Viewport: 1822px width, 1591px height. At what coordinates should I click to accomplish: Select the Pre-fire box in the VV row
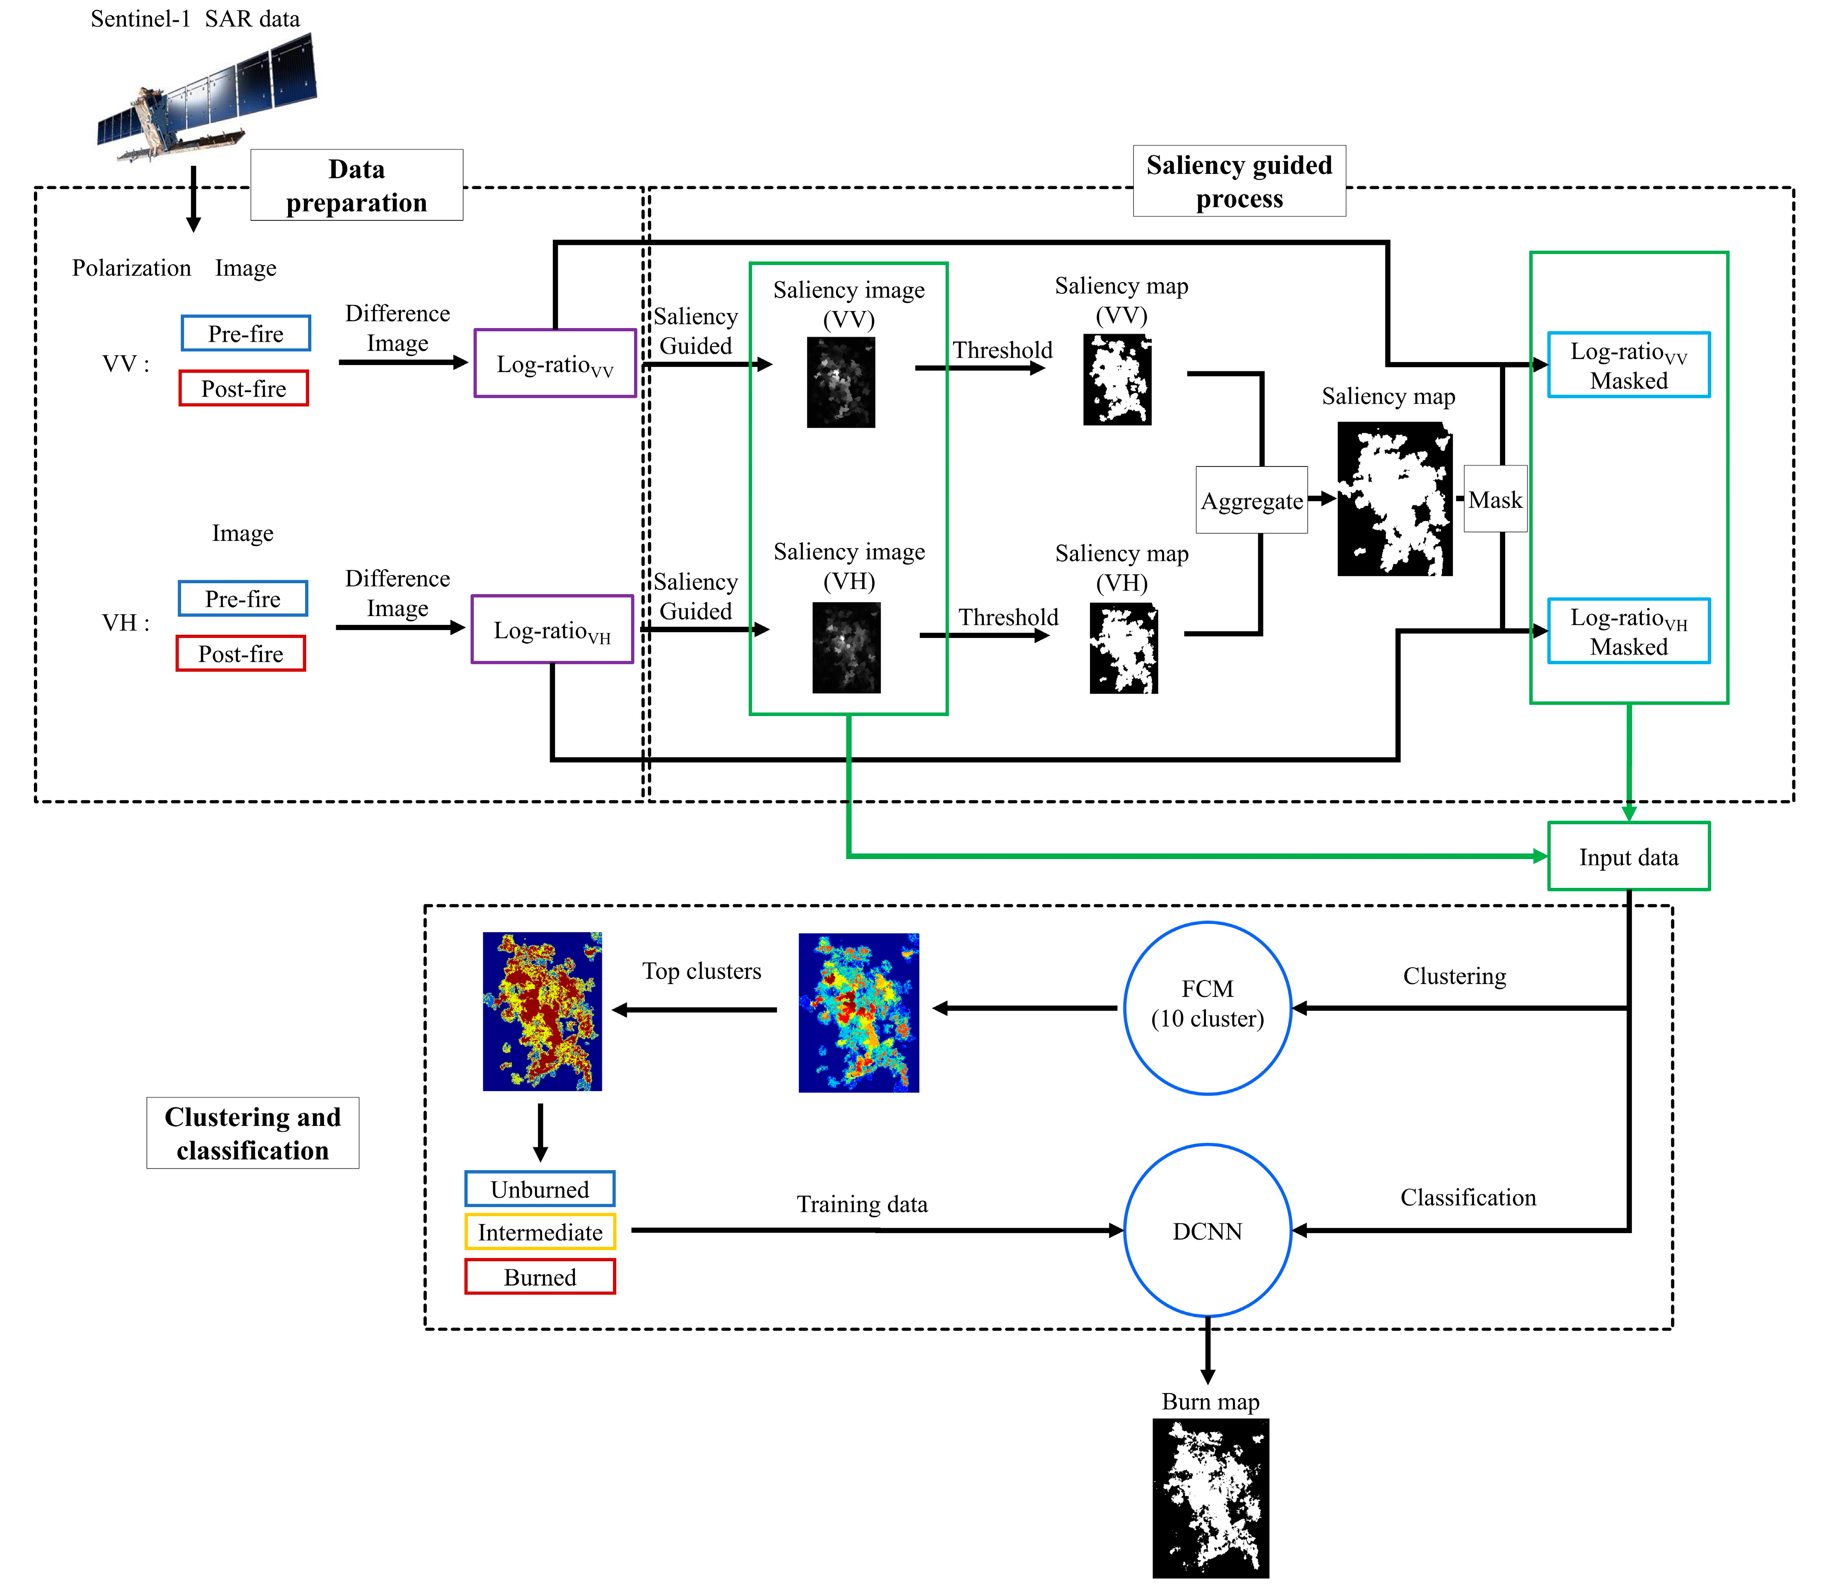click(x=246, y=334)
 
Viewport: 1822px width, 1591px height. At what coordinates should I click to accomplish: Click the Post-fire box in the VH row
click(x=240, y=654)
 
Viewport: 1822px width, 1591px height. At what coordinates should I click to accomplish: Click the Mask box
click(x=1495, y=500)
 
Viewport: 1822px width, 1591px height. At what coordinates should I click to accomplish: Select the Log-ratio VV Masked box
click(x=1628, y=365)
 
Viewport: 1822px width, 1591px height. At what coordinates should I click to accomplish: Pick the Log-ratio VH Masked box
click(x=1628, y=631)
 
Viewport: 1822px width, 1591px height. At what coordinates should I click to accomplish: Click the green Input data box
click(x=1628, y=857)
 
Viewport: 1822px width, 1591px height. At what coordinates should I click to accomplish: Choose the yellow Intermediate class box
click(x=540, y=1232)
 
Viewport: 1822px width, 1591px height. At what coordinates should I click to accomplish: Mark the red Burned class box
click(x=540, y=1277)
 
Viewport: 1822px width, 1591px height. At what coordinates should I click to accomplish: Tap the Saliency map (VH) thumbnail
click(x=1124, y=648)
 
